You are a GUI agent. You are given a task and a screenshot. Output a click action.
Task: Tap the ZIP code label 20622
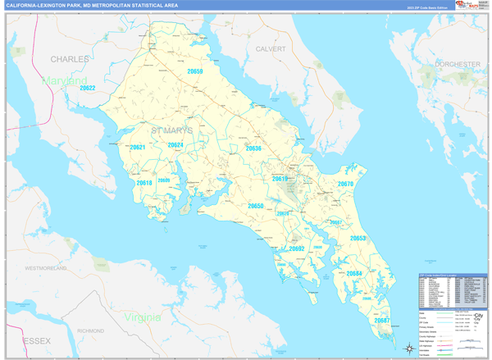click(x=88, y=88)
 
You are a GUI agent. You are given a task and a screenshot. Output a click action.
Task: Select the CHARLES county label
click(x=70, y=60)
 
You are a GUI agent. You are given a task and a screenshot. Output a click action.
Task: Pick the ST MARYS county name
click(x=172, y=130)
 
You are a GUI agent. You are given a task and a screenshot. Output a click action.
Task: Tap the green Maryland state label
click(x=65, y=82)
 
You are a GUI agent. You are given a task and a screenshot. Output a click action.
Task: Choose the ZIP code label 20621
click(x=138, y=148)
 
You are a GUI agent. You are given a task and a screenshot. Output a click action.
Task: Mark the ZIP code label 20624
click(x=175, y=145)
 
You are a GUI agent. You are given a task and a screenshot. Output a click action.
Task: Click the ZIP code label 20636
click(x=253, y=148)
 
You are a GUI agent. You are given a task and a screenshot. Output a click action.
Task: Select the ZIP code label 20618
click(x=144, y=183)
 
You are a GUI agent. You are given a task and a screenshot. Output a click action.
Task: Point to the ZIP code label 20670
click(x=345, y=184)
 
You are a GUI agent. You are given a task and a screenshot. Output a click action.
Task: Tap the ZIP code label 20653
click(x=358, y=238)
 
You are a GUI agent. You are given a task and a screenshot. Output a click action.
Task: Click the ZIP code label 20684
click(x=353, y=273)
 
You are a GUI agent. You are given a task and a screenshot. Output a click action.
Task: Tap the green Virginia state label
click(x=143, y=317)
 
